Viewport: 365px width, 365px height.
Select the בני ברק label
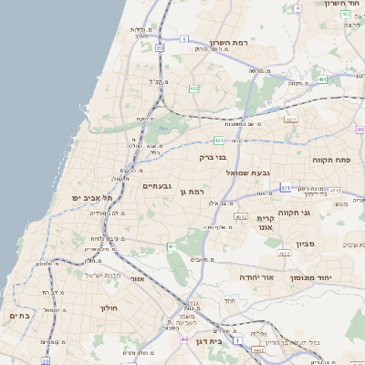[x=213, y=157]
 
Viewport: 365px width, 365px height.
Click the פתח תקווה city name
[x=344, y=160]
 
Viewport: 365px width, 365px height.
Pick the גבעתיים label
[x=158, y=186]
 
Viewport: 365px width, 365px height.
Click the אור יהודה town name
[x=244, y=276]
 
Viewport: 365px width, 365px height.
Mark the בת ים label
[x=19, y=316]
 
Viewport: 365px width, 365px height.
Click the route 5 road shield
[x=183, y=39]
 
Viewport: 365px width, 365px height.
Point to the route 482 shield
[x=194, y=89]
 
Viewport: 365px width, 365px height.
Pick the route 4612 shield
[x=241, y=217]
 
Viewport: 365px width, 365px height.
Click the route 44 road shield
[x=186, y=339]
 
